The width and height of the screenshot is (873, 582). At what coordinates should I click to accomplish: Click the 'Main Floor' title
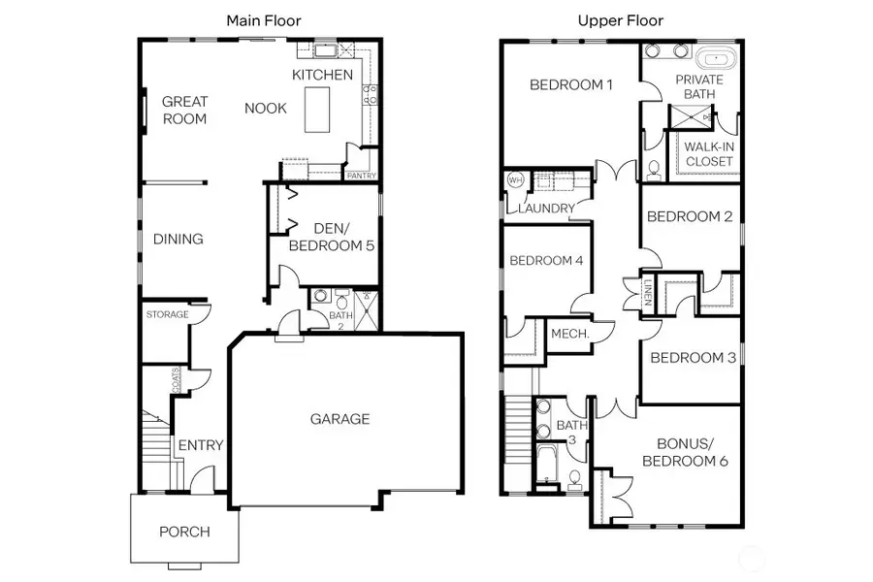pos(263,19)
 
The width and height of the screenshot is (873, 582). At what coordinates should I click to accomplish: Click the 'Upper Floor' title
pos(621,19)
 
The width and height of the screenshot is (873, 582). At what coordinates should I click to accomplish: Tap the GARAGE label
pos(339,419)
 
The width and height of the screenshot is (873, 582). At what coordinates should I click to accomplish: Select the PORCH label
pos(184,532)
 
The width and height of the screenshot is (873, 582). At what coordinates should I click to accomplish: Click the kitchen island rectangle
pos(318,109)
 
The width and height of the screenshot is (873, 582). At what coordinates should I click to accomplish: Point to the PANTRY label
pos(361,176)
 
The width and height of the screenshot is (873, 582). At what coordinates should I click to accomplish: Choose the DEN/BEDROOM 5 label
pos(331,238)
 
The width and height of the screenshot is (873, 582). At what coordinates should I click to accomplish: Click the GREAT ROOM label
pos(184,110)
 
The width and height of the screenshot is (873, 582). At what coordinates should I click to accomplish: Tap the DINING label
pos(178,239)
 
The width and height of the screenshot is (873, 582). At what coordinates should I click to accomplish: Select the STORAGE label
pos(167,315)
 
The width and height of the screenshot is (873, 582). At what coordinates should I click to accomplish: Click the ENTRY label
pos(200,445)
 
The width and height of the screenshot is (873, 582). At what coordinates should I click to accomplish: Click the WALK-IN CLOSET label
pos(709,153)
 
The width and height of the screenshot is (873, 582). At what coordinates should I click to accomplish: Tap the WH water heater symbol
pos(515,180)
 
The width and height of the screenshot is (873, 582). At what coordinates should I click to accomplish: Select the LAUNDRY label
pos(546,209)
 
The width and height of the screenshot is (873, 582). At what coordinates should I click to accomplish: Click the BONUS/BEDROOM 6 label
pos(679,452)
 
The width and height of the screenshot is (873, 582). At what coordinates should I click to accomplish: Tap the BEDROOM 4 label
pos(546,260)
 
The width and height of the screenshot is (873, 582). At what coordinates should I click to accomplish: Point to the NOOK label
pos(265,108)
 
